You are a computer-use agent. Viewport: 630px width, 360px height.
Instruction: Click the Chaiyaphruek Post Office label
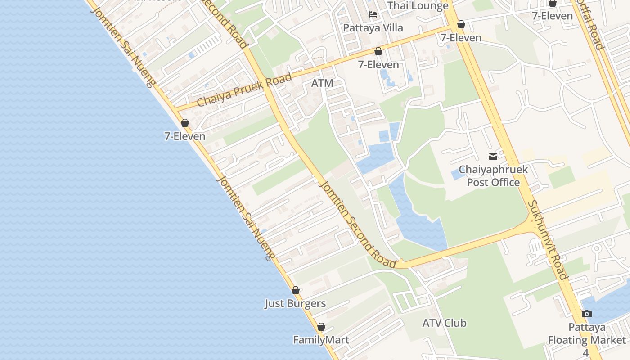pos(493,176)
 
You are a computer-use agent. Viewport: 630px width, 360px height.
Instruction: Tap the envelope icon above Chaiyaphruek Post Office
pos(493,157)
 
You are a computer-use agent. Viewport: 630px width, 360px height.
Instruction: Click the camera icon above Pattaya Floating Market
pos(586,314)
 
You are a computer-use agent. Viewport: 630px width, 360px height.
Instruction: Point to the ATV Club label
pos(444,323)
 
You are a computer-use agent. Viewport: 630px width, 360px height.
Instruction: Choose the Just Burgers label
pos(295,303)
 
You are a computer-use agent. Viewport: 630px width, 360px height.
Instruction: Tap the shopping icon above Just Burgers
pos(296,290)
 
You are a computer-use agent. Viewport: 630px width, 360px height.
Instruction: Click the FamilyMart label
pos(321,340)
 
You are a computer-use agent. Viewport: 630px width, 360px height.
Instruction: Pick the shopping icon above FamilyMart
pos(321,327)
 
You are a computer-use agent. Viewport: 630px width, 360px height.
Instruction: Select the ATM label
pos(322,83)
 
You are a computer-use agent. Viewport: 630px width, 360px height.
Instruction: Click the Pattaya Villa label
pos(373,28)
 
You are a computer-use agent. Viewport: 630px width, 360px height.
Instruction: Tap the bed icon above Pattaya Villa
pos(373,14)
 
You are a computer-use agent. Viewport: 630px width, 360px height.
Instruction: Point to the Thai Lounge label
pos(418,5)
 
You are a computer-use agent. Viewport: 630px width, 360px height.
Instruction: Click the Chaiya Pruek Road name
pos(244,90)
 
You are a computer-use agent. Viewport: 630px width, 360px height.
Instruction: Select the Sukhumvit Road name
pos(547,240)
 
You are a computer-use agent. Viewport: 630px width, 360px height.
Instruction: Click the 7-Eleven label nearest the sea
pos(184,136)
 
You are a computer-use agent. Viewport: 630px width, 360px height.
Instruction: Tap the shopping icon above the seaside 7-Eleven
pos(185,123)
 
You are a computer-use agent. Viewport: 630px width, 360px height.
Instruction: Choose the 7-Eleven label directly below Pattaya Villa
pos(378,64)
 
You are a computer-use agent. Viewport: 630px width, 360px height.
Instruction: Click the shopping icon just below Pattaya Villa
pos(378,51)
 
